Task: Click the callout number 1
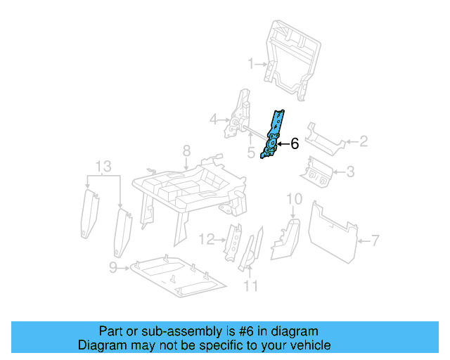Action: click(x=251, y=65)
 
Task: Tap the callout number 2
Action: click(x=364, y=142)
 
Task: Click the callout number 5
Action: click(x=250, y=153)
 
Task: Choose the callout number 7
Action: click(x=375, y=240)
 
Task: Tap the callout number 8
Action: click(x=186, y=150)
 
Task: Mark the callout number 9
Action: click(x=113, y=266)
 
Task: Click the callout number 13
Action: click(x=103, y=166)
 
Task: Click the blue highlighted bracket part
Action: click(x=274, y=134)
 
